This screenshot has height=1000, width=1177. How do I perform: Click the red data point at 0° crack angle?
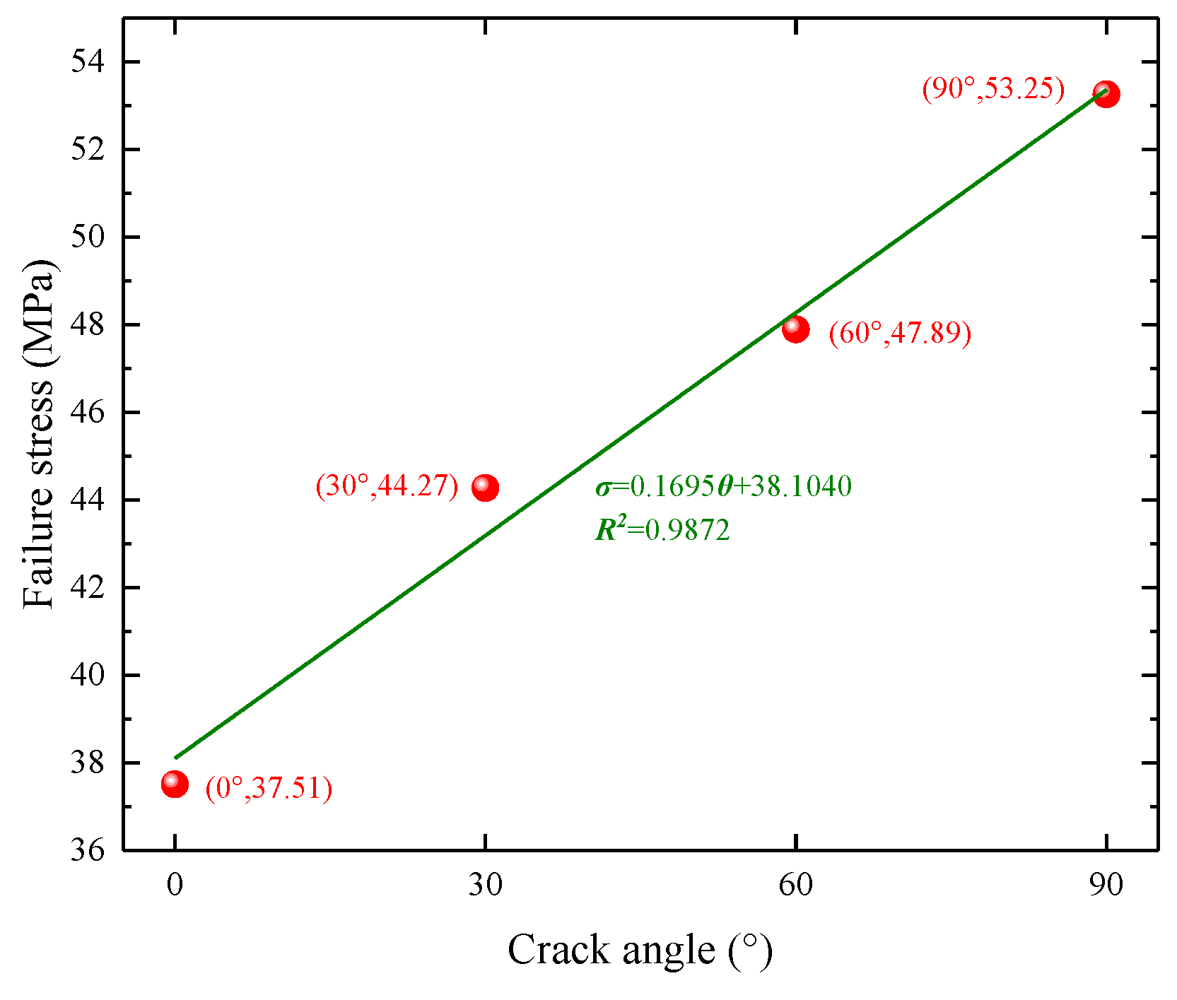click(175, 784)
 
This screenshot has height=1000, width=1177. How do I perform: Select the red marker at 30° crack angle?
click(485, 487)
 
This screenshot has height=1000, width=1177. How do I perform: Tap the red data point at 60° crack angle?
click(795, 329)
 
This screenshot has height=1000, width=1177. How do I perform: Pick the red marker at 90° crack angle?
click(1106, 93)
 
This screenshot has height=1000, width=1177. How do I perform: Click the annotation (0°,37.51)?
click(269, 787)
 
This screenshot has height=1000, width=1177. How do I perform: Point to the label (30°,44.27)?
click(387, 486)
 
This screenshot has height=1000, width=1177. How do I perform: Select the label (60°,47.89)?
click(899, 332)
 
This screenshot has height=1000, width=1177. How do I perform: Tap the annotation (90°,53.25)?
click(992, 88)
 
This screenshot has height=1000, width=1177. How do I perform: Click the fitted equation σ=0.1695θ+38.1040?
click(723, 486)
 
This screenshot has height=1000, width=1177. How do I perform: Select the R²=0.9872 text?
click(662, 529)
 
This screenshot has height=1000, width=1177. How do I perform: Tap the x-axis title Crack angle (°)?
click(639, 950)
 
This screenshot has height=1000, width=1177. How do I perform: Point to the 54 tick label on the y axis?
click(87, 62)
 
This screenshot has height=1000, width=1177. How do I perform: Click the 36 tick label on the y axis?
click(87, 850)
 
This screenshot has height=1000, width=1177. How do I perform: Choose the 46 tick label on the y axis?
click(87, 412)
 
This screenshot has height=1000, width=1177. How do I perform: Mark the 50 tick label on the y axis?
click(87, 237)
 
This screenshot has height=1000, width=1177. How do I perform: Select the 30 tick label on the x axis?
click(485, 885)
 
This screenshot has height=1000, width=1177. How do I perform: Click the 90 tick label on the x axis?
click(1106, 885)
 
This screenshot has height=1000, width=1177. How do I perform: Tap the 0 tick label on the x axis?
click(175, 885)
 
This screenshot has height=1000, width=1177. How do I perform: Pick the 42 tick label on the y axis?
click(87, 587)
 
